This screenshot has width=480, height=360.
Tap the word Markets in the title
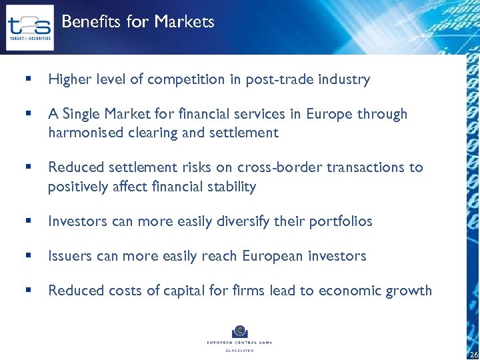[184, 22]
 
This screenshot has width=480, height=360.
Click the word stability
[227, 187]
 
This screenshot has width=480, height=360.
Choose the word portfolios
[341, 221]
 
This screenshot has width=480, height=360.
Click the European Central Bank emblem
[239, 332]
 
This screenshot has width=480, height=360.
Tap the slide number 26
[473, 354]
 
